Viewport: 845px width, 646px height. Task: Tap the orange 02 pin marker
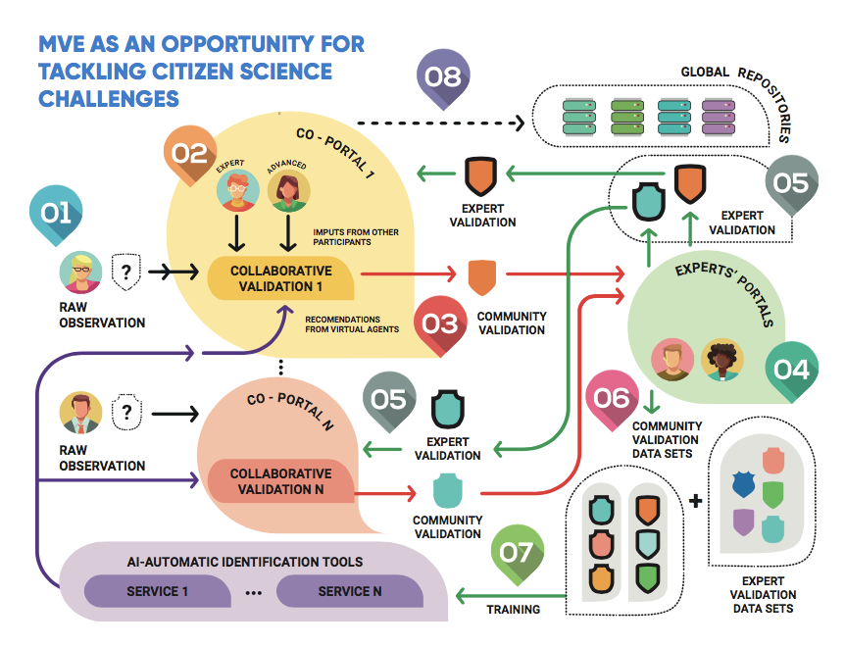(x=190, y=153)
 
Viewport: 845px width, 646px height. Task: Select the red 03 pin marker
(x=440, y=323)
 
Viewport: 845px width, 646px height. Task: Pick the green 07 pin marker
(x=517, y=552)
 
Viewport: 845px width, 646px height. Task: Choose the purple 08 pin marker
(x=443, y=76)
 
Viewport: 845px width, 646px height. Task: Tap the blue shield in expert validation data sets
(x=744, y=483)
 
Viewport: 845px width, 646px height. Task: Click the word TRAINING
(x=514, y=610)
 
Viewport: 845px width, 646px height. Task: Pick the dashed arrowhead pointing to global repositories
(x=520, y=124)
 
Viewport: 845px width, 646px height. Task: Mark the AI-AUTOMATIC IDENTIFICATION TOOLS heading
(x=245, y=562)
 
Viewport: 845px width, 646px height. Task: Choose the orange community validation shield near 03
(x=480, y=277)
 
